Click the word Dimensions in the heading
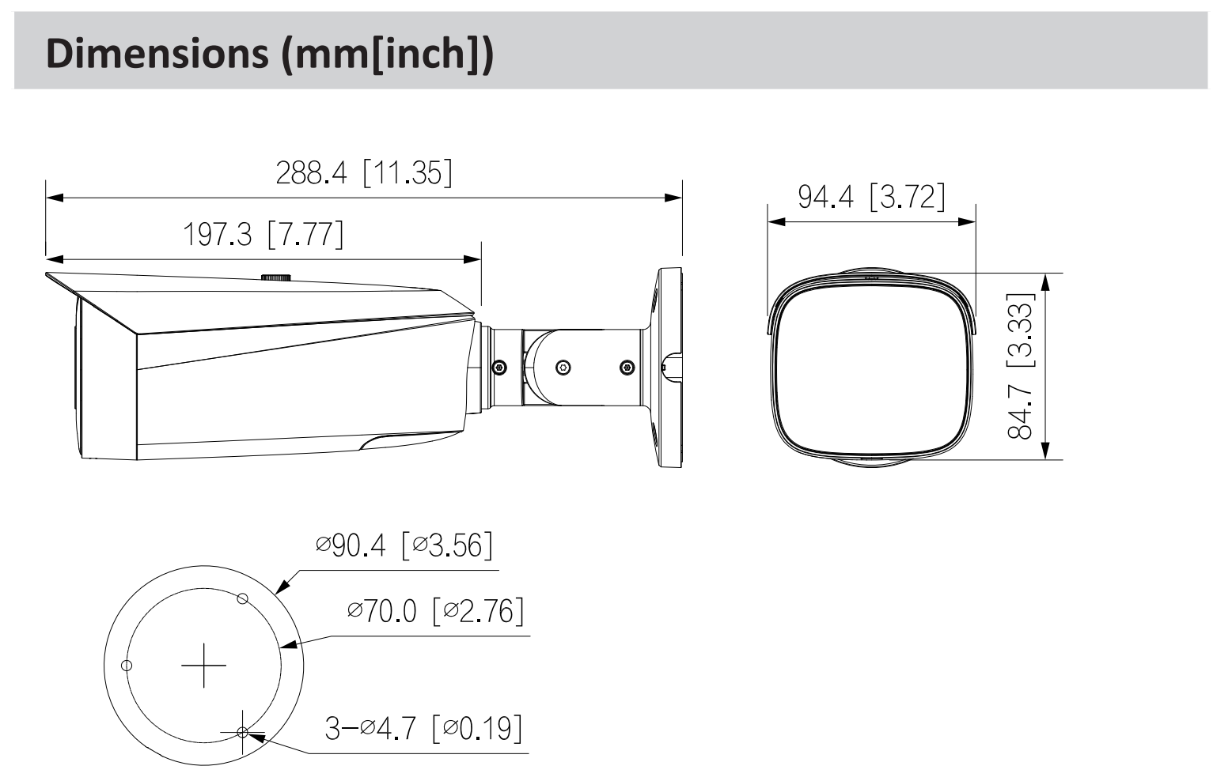point(157,53)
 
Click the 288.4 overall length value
point(311,173)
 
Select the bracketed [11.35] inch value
point(408,173)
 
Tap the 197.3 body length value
point(218,235)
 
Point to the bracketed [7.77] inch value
point(305,235)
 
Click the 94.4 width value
point(825,197)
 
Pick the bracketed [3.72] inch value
point(908,197)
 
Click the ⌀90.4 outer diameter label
point(351,545)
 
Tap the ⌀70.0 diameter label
point(382,611)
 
